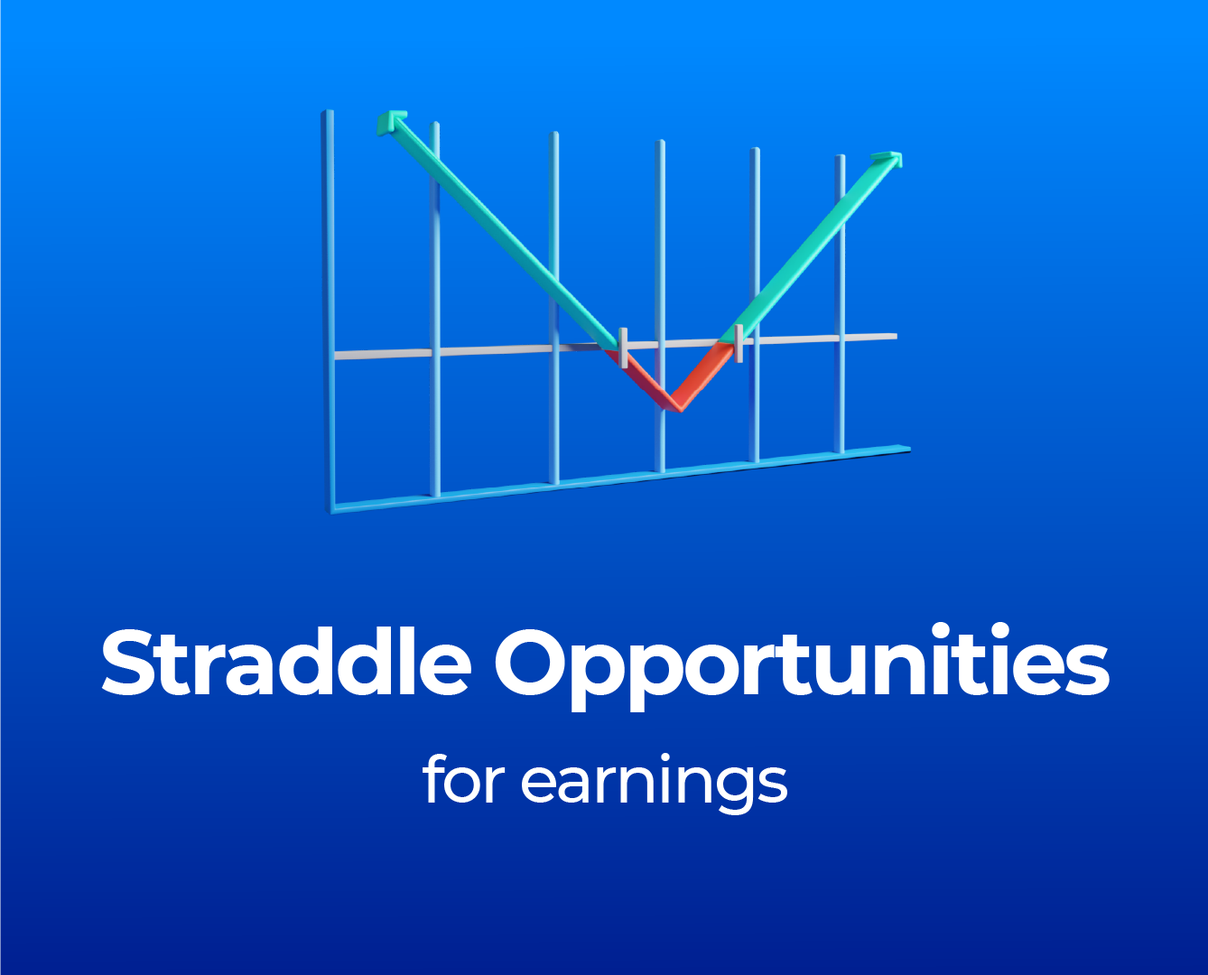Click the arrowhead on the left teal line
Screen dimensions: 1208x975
point(390,122)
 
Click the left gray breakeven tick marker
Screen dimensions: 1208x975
point(623,348)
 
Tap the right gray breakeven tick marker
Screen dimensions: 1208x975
point(739,343)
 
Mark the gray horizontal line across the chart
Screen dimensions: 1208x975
point(616,346)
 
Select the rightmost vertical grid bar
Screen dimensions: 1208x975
point(840,304)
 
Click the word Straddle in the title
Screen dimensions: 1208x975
point(286,662)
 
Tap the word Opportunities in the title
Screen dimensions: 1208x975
point(802,667)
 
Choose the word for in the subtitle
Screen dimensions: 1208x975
point(463,779)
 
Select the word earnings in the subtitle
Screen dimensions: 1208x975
point(655,784)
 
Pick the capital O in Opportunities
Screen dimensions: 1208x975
point(531,663)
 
